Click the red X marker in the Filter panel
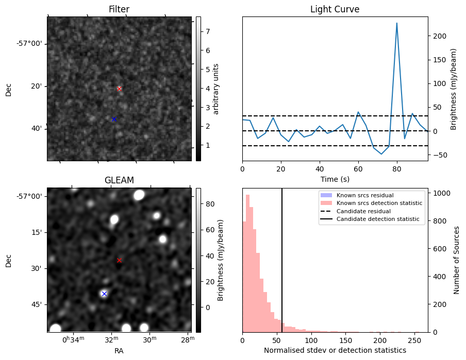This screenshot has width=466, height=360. point(119,89)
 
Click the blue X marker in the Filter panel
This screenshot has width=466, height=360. point(114,119)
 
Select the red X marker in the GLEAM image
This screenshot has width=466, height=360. point(119,260)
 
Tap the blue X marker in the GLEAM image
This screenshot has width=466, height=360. point(104,294)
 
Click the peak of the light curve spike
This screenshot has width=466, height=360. point(397,23)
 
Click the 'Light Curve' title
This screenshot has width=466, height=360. point(335,9)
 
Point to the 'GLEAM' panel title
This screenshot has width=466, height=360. point(119,180)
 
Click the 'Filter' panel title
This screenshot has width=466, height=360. point(119,9)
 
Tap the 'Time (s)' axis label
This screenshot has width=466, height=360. point(335,179)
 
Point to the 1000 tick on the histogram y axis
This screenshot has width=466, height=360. point(440,193)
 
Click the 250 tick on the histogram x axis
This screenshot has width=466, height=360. point(414,340)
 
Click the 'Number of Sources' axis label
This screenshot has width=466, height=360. point(457,260)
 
